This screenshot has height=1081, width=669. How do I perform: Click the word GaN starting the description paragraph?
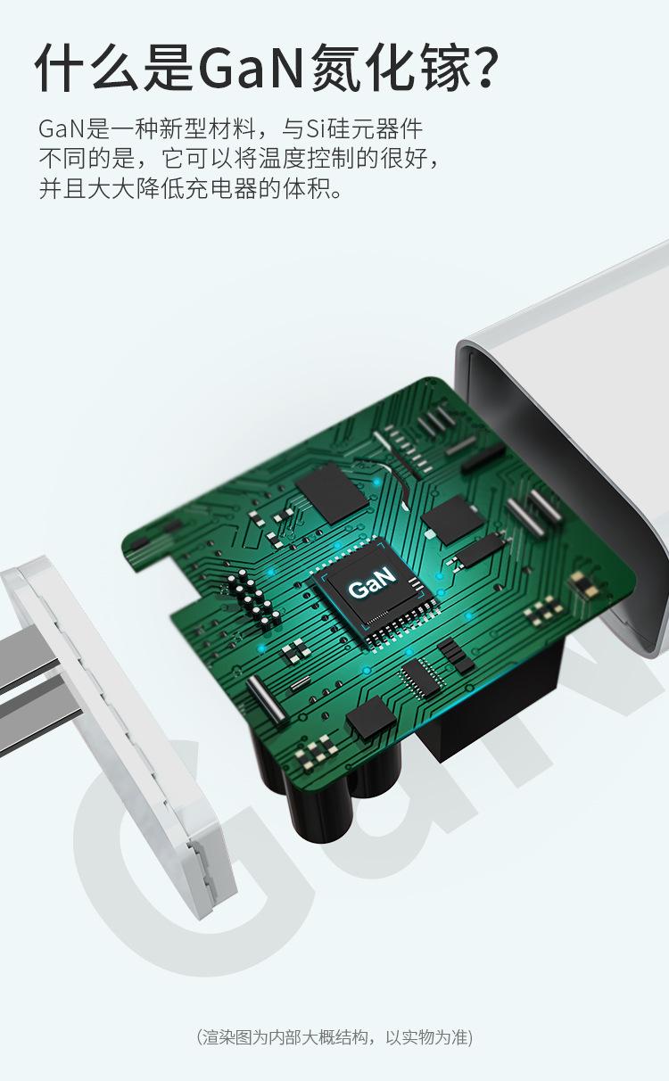[62, 128]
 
